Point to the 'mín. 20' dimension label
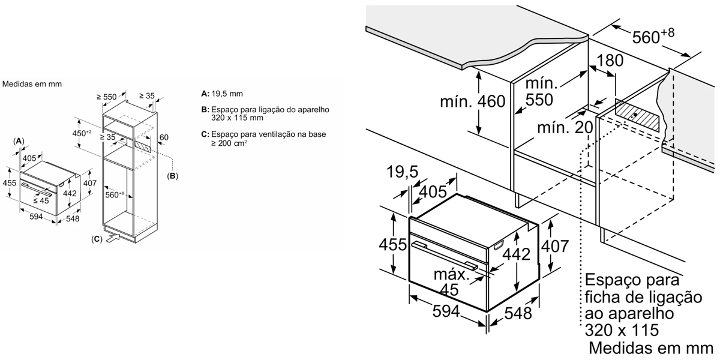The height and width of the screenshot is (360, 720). (x=565, y=127)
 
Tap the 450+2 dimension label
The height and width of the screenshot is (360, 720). (x=82, y=133)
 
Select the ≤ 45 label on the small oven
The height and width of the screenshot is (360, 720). (x=41, y=200)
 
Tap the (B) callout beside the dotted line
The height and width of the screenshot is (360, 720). (x=173, y=176)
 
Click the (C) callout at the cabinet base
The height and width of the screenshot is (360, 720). (x=97, y=239)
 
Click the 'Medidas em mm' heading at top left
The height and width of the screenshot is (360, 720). (x=32, y=85)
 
